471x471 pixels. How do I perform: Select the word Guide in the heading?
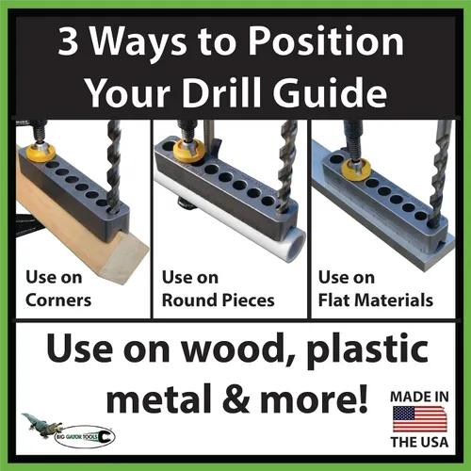pyautogui.click(x=330, y=92)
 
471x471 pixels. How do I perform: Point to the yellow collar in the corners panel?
pyautogui.click(x=41, y=153)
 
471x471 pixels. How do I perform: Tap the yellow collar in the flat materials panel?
pyautogui.click(x=356, y=170)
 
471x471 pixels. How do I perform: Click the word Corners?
pyautogui.click(x=58, y=300)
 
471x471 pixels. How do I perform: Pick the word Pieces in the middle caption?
pyautogui.click(x=249, y=300)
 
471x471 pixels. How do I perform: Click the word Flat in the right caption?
pyautogui.click(x=335, y=300)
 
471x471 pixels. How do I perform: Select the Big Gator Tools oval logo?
pyautogui.click(x=85, y=436)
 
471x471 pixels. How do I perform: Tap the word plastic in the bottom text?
pyautogui.click(x=367, y=350)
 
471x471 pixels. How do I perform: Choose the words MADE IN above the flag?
pyautogui.click(x=419, y=397)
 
